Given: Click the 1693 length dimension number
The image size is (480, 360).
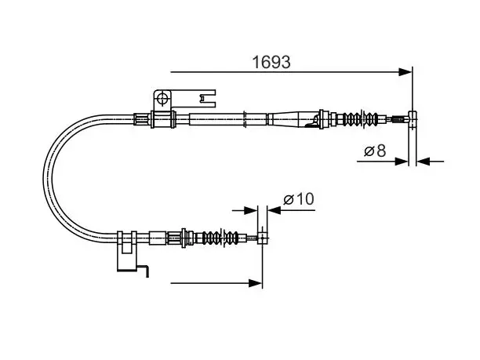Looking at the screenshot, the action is [271, 62].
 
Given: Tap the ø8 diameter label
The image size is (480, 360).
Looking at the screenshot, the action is [375, 151].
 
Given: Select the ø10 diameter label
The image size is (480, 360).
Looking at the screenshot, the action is [299, 199].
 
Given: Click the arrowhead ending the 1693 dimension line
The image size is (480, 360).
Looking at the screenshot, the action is [405, 72].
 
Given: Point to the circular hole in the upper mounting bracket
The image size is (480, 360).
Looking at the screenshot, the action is [162, 98].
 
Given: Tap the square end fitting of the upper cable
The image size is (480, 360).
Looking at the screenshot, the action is [413, 118].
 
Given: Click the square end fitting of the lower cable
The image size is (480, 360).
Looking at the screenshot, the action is [263, 238].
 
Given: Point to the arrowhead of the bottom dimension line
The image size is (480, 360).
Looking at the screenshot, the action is [256, 283].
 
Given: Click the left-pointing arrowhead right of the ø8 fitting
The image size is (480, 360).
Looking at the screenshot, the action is [424, 162].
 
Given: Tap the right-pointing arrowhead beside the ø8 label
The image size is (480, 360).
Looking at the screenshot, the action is [402, 162].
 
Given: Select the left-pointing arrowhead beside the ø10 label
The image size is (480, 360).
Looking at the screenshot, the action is [275, 210].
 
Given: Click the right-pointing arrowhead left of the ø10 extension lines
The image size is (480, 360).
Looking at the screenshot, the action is [251, 210].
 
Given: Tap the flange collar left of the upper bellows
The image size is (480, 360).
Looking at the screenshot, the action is [322, 118].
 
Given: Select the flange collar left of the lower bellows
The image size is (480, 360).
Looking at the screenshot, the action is [184, 238].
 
